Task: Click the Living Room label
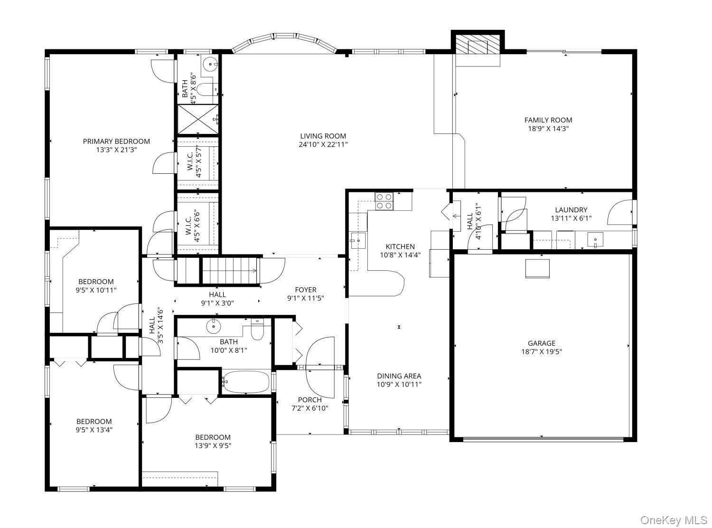[323, 136]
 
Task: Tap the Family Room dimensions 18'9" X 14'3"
[548, 129]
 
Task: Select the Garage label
[541, 343]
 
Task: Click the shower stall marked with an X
[198, 119]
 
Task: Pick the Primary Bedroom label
[116, 141]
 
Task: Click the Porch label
[309, 400]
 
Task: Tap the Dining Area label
[399, 376]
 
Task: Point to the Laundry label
[571, 210]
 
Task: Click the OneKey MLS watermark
[674, 520]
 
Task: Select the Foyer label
[305, 290]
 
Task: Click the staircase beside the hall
[216, 271]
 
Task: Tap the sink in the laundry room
[595, 240]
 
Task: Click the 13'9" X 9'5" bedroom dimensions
[213, 445]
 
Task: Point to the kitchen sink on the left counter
[357, 240]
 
